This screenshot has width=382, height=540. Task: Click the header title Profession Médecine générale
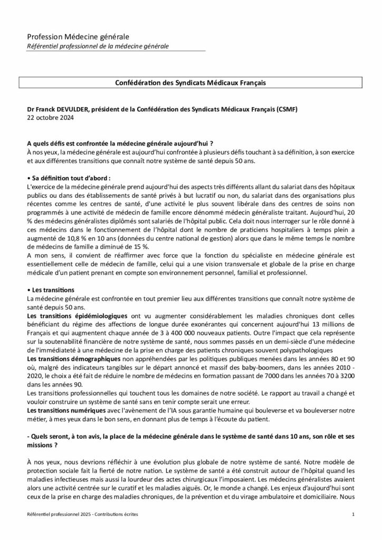(x=78, y=37)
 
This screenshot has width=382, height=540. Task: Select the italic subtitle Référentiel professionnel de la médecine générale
(x=98, y=46)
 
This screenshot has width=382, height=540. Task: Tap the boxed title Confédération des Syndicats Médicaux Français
(x=190, y=83)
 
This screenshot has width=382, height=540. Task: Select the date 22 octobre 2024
(x=50, y=118)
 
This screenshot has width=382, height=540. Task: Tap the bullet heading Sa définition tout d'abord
(x=69, y=177)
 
